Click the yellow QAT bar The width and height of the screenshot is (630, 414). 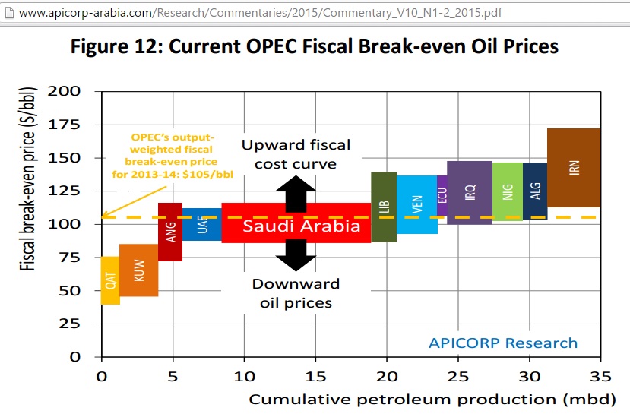click(110, 280)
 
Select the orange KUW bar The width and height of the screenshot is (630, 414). click(138, 270)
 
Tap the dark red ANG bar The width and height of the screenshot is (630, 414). click(170, 232)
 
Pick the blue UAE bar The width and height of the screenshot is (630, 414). click(202, 224)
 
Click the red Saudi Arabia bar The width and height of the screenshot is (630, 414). click(296, 223)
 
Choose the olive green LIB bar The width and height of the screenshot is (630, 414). click(384, 207)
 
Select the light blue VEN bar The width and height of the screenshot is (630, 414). click(417, 204)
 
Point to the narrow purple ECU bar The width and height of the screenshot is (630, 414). click(442, 195)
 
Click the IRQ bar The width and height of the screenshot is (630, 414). click(470, 192)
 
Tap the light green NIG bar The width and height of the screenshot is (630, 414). click(508, 191)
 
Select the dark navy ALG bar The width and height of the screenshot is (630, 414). click(535, 191)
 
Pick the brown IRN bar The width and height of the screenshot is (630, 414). click(574, 168)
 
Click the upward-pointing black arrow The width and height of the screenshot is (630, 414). click(296, 194)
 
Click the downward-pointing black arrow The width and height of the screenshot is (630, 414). click(296, 255)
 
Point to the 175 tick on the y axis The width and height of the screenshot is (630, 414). click(64, 125)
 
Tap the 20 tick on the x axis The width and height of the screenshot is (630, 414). click(387, 377)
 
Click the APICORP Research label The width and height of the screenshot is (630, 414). click(503, 343)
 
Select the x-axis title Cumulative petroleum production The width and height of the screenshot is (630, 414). click(403, 400)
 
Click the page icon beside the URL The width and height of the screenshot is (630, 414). click(9, 13)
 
